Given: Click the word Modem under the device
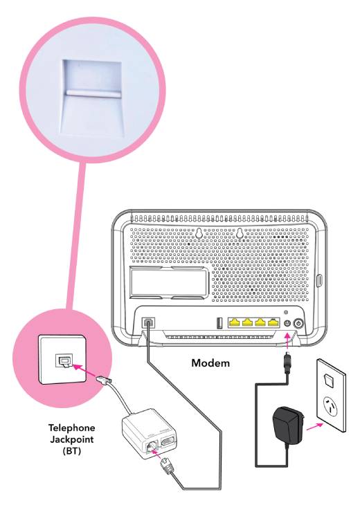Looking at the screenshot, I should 214,362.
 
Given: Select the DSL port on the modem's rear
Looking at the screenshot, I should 148,323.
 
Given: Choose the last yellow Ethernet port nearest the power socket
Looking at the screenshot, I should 272,322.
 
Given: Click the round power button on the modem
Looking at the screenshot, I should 299,322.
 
